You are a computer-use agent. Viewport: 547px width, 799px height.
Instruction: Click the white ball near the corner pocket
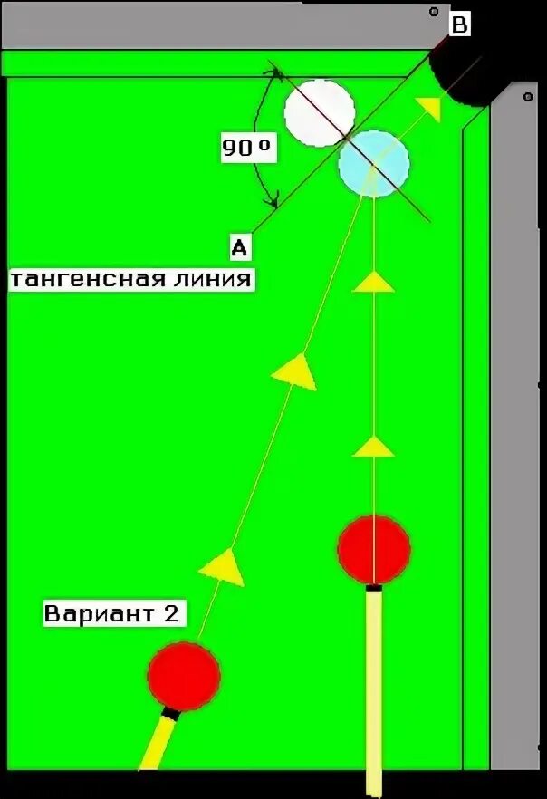tap(319, 111)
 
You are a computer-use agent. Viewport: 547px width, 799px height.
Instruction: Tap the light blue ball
tap(374, 164)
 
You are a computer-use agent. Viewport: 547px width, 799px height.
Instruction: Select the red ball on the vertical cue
tap(374, 549)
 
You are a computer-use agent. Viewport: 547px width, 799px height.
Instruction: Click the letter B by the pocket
tap(459, 25)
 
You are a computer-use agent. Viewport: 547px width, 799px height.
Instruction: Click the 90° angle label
tap(247, 148)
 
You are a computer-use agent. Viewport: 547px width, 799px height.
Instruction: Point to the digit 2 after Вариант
tap(169, 614)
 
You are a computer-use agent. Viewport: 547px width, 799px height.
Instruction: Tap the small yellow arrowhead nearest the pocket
tap(430, 109)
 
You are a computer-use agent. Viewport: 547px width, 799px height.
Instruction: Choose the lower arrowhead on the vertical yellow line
tap(373, 446)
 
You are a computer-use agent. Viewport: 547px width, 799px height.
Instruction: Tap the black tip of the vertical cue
tap(371, 590)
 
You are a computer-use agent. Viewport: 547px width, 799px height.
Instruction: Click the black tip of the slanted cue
tap(168, 714)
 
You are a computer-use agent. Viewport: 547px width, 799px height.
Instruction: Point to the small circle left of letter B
tap(434, 12)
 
